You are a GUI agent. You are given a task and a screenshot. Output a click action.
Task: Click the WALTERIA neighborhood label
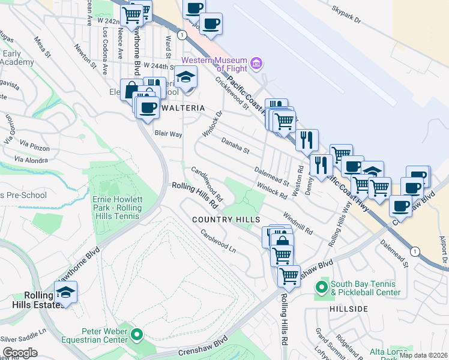click(x=182, y=108)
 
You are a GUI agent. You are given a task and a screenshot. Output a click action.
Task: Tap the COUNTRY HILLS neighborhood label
click(x=226, y=220)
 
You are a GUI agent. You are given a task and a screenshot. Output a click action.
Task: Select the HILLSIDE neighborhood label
click(x=348, y=308)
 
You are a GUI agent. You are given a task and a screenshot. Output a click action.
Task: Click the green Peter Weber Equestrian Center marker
click(x=137, y=335)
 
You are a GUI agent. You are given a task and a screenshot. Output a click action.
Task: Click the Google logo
click(x=20, y=353)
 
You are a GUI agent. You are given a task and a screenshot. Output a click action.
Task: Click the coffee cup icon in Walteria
click(x=147, y=107)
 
